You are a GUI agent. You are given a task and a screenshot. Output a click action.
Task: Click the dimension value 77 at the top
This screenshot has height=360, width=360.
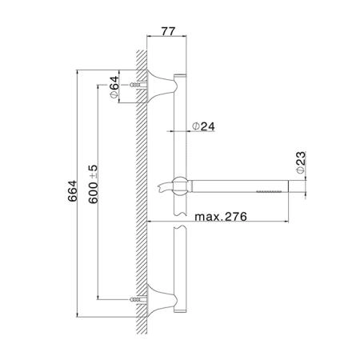click(168, 31)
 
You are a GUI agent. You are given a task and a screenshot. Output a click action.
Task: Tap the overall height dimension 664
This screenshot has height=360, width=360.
click(72, 191)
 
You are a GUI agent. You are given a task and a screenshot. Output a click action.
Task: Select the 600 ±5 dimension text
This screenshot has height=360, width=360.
click(94, 184)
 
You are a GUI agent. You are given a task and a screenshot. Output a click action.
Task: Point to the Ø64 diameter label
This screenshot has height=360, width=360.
click(114, 87)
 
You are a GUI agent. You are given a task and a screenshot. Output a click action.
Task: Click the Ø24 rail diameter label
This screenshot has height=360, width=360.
click(203, 126)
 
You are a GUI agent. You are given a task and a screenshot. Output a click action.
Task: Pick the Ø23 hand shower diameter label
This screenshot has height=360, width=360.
click(301, 162)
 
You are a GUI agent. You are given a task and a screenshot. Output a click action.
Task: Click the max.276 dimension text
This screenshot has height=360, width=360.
click(221, 217)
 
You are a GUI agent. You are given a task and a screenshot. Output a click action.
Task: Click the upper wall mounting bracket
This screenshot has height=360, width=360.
click(160, 86)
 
